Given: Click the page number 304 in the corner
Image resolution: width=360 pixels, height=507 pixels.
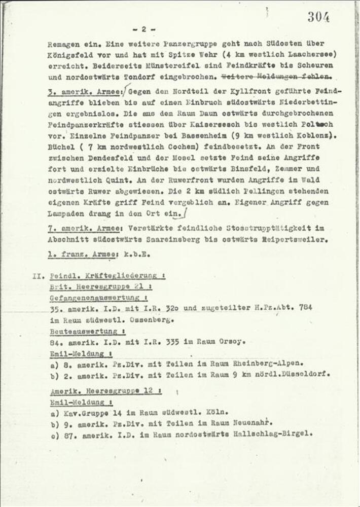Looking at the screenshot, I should coord(318,17).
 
